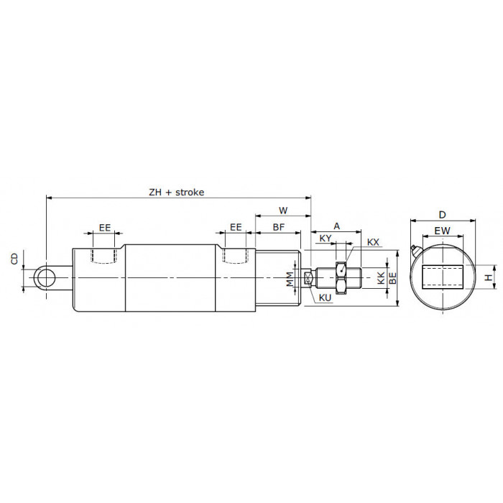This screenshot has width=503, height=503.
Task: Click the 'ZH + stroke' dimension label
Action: pos(177,192)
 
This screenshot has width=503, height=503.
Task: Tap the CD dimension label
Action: pos(15,259)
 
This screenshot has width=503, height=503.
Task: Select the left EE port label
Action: pos(105,228)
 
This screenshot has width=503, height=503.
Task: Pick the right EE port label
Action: pos(236,228)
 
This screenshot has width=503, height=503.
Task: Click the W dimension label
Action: pos(283,211)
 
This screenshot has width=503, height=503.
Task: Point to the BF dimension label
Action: pos(279,227)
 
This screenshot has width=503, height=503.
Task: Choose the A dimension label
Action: pos(336,226)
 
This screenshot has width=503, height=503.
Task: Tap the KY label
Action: pos(326,239)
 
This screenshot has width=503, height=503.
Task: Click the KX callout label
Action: pos(373,242)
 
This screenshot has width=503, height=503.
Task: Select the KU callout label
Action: pos(325,298)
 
